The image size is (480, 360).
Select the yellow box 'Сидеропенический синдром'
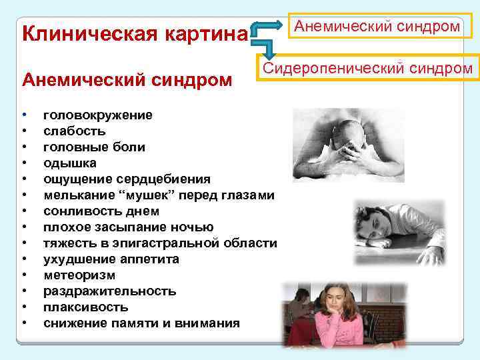coord(367,68)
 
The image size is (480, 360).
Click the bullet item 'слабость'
coord(74,131)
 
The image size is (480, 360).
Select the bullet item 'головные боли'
coord(94,147)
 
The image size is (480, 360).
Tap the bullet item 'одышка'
coord(70,163)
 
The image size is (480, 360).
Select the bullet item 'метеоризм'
coord(79,275)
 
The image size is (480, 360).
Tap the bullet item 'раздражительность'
coord(110,291)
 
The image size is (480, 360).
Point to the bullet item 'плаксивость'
coord(86,307)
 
